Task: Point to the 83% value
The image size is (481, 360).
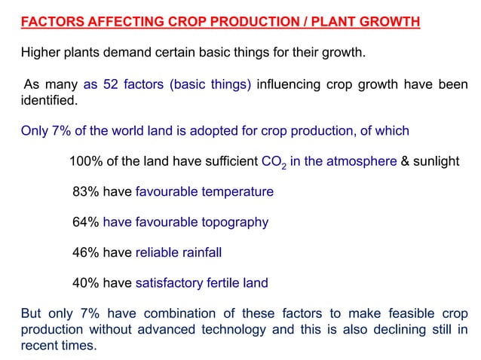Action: [x=86, y=192]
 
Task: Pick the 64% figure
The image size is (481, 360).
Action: [x=86, y=222]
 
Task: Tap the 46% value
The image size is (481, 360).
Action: [x=86, y=253]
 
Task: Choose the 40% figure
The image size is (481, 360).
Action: [x=86, y=284]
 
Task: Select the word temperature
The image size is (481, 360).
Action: [x=235, y=192]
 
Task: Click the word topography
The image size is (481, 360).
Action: [x=233, y=222]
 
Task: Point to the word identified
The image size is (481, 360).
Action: [x=48, y=99]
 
